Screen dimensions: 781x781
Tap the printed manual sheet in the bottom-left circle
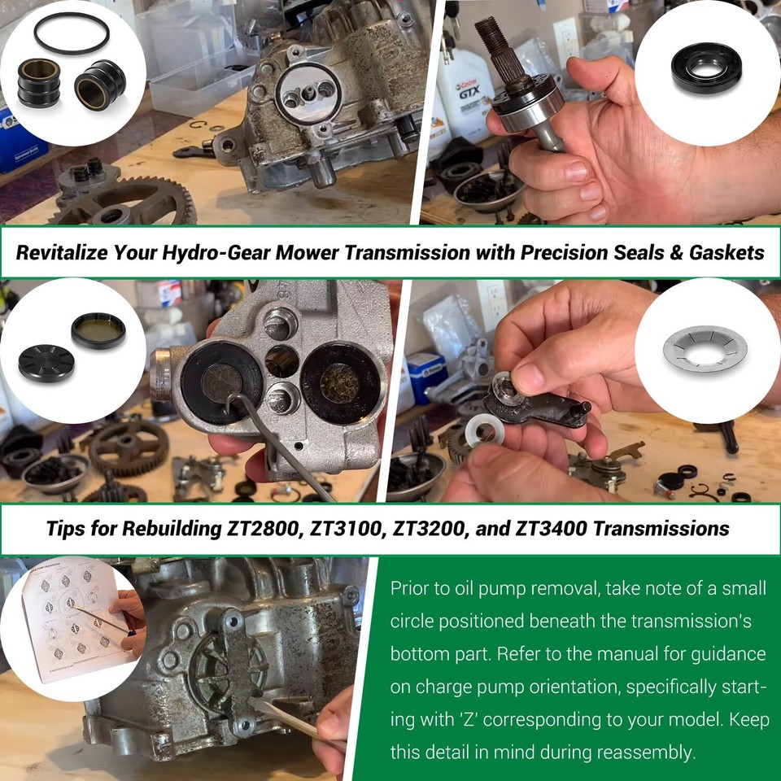tap(65, 618)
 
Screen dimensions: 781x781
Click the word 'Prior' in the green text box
tap(409, 588)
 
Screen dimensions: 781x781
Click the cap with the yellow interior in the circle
tap(98, 330)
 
